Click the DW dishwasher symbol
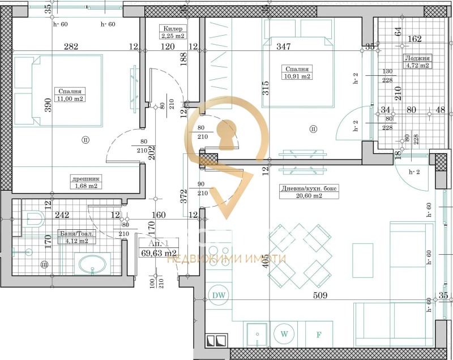pyautogui.click(x=217, y=295)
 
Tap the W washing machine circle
pyautogui.click(x=282, y=333)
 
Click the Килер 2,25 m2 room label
pyautogui.click(x=172, y=32)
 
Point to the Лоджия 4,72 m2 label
pyautogui.click(x=417, y=62)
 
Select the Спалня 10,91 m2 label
pyautogui.click(x=298, y=72)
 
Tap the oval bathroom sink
pyautogui.click(x=91, y=265)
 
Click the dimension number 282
pyautogui.click(x=71, y=46)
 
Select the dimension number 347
pyautogui.click(x=284, y=46)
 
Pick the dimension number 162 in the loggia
pyautogui.click(x=414, y=39)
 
